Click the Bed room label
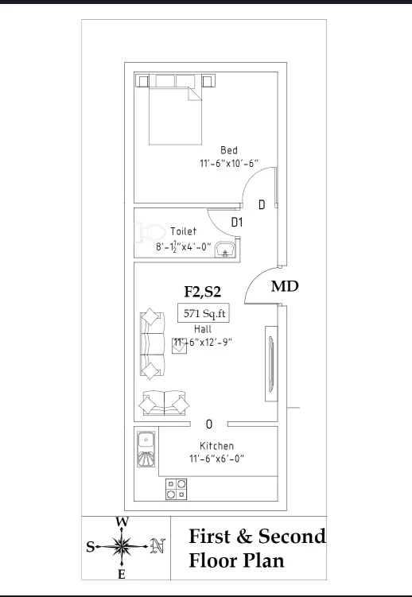coord(229,150)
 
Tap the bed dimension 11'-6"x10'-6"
coord(229,163)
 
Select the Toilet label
coord(183,231)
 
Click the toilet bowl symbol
coord(150,232)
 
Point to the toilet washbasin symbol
coord(225,250)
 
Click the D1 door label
coord(237,222)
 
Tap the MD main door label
coord(285,286)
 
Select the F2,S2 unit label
coord(203,292)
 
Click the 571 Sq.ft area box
coord(204,313)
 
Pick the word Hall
coord(203,329)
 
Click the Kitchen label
coord(216,446)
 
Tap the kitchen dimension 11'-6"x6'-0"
coord(216,459)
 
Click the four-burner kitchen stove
coord(176,489)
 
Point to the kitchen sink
coord(146,449)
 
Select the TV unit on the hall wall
coord(271,363)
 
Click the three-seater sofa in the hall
coord(152,343)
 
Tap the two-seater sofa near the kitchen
coord(164,403)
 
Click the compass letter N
coord(157,546)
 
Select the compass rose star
coord(122,546)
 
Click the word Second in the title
coord(292,537)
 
